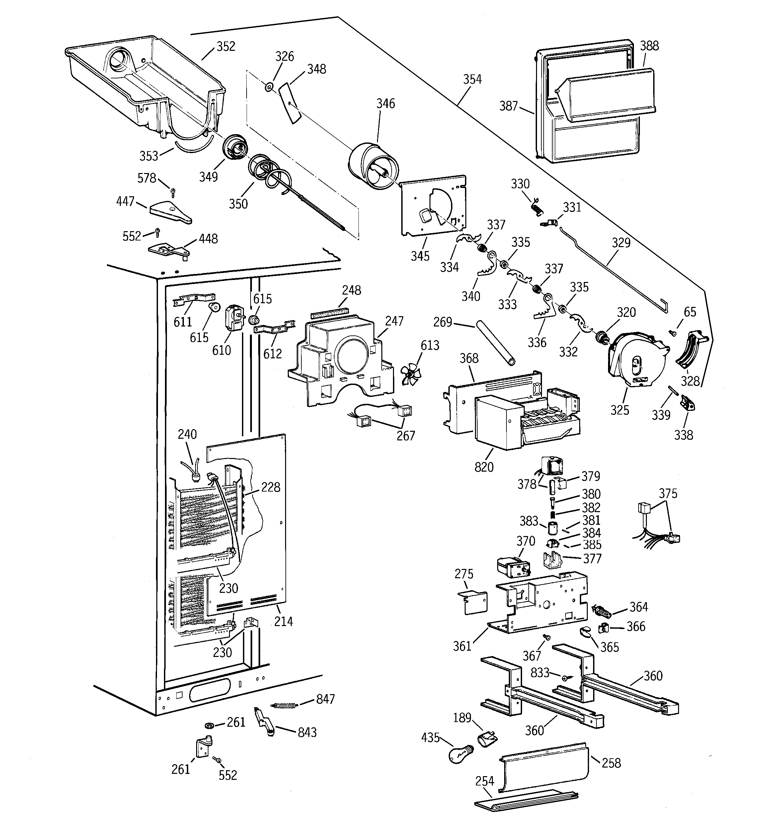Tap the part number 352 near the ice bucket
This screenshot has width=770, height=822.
pos(226,46)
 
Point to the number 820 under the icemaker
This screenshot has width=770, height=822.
pos(484,467)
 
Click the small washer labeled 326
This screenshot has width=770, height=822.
pos(269,86)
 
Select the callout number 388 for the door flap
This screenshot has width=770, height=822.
pos(649,46)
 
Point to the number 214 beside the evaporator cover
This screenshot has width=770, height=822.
pos(283,621)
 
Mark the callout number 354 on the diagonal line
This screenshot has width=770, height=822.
pos(472,79)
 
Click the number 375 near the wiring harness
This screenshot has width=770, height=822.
pos(668,494)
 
